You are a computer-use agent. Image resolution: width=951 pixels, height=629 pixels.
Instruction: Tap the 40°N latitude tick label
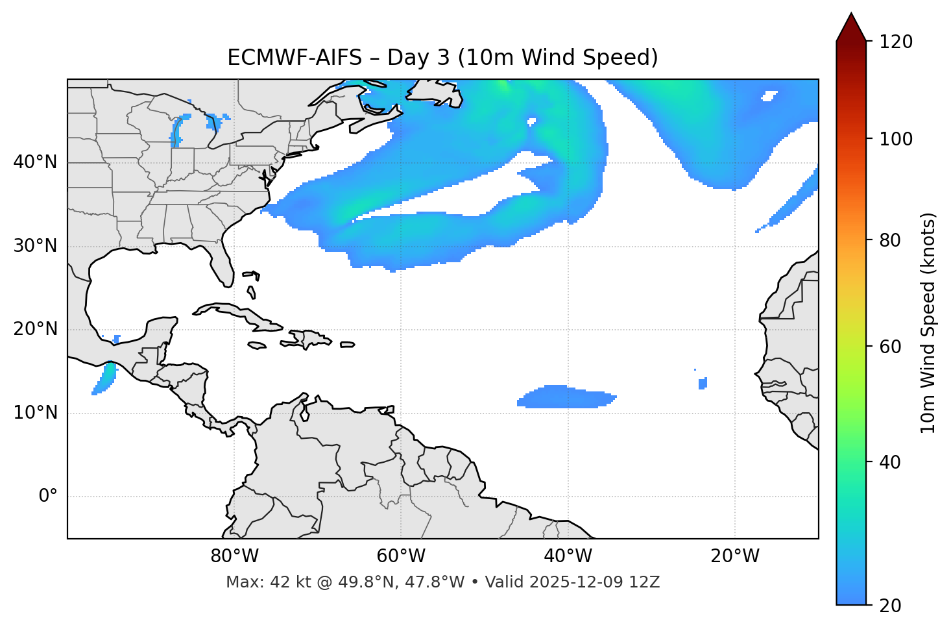coord(35,162)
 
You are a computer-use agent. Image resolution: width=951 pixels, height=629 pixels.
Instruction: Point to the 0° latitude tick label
coord(48,497)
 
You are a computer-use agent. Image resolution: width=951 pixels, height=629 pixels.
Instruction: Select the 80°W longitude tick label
coord(234,556)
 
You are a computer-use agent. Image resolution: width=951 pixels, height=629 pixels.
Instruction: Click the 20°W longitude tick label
coord(735,556)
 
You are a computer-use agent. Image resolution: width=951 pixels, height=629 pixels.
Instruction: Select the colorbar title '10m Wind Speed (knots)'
coord(928,323)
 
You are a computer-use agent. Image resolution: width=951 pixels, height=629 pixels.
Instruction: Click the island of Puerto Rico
coord(347,345)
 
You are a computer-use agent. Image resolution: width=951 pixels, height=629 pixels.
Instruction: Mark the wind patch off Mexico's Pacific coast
coord(105,378)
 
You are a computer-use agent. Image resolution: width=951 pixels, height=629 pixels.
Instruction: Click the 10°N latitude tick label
coord(35,413)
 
